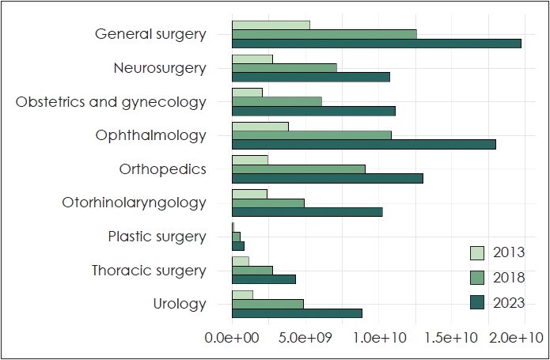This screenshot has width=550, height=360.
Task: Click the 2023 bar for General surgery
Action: [x=377, y=43]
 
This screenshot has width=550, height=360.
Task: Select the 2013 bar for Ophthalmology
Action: [x=260, y=127]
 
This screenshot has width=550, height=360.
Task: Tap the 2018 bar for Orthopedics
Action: [x=298, y=169]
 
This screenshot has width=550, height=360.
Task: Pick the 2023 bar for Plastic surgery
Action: [x=238, y=245]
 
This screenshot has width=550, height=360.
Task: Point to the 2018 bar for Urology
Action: [x=267, y=304]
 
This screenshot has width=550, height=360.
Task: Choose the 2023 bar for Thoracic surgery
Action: [x=264, y=279]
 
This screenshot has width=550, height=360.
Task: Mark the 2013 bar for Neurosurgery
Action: [x=252, y=59]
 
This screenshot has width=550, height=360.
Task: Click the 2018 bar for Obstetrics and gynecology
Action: [x=277, y=101]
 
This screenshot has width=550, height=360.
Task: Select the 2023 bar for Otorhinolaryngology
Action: [x=307, y=211]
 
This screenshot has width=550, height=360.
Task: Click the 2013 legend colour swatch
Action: [x=477, y=253]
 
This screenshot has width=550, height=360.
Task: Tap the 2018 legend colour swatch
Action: [x=477, y=278]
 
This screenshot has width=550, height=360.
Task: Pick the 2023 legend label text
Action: [x=508, y=302]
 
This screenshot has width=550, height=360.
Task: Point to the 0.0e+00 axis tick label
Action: [x=231, y=338]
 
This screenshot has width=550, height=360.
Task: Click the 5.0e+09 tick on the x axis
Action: [x=305, y=338]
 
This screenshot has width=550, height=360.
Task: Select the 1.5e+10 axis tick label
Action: [x=452, y=338]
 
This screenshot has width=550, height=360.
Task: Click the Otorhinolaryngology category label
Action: [x=134, y=203]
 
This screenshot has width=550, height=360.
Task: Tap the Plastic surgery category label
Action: [x=157, y=237]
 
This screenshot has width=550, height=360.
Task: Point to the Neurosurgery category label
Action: [x=159, y=68]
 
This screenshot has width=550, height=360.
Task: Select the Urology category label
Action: [x=179, y=304]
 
